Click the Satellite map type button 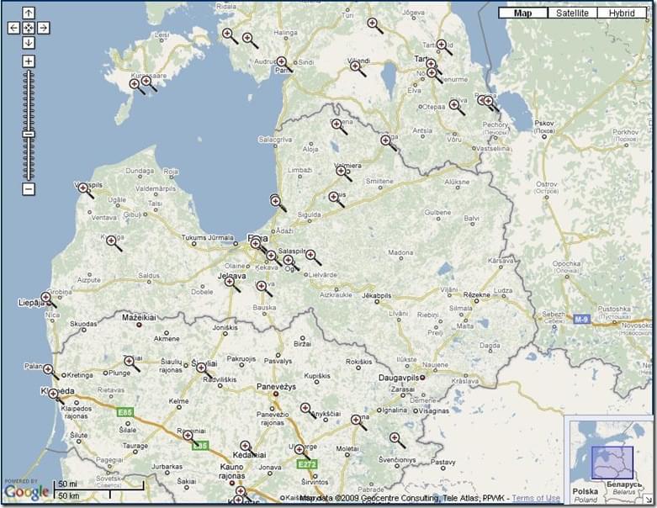point(572,13)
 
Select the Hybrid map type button point(622,13)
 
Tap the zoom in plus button point(29,61)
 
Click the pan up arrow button point(29,13)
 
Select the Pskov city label point(544,122)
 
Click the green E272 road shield point(306,463)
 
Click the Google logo point(27,492)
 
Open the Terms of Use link point(536,498)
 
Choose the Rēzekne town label point(476,294)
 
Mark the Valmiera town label point(347,166)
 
